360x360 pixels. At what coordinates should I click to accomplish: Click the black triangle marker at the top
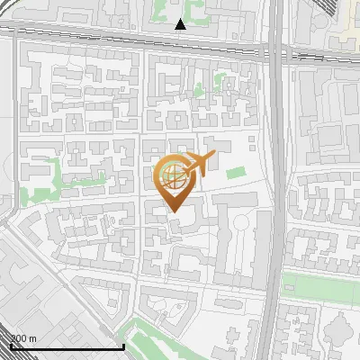click(x=181, y=24)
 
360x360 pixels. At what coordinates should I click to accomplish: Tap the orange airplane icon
click(x=200, y=165)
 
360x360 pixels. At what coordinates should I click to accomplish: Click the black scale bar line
click(x=67, y=346)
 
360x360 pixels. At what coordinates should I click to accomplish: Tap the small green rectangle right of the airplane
click(x=236, y=172)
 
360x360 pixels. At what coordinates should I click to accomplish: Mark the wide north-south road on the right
click(x=278, y=180)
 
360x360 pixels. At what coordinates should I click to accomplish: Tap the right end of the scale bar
click(x=123, y=346)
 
